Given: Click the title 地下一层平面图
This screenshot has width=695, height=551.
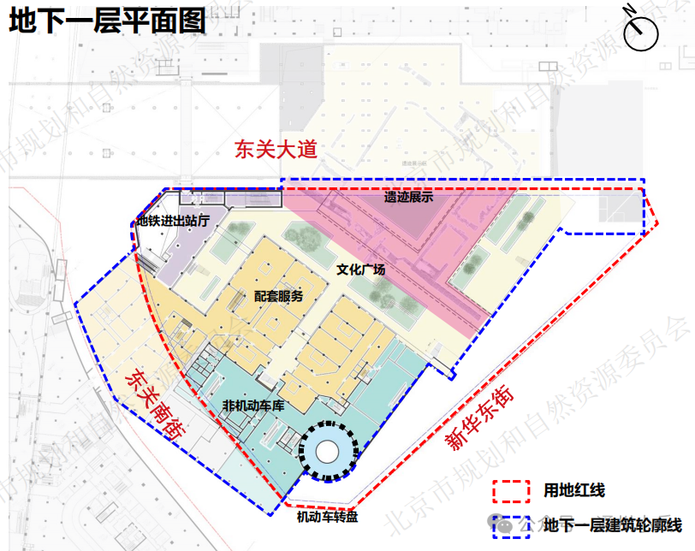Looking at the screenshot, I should (107, 20).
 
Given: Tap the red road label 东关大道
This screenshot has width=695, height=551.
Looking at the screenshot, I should (276, 150).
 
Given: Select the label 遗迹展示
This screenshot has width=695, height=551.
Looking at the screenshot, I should (408, 197).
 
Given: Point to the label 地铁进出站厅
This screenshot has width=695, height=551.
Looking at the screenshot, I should (174, 221).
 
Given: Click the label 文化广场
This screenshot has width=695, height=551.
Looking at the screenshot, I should (360, 270).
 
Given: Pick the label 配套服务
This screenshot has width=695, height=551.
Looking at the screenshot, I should (278, 297).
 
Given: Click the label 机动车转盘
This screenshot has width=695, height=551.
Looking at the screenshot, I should (328, 517).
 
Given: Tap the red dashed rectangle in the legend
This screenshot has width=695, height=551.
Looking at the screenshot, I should (512, 491).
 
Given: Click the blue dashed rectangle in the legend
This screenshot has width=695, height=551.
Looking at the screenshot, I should (512, 524).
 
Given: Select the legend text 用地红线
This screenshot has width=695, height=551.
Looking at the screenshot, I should (574, 491).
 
